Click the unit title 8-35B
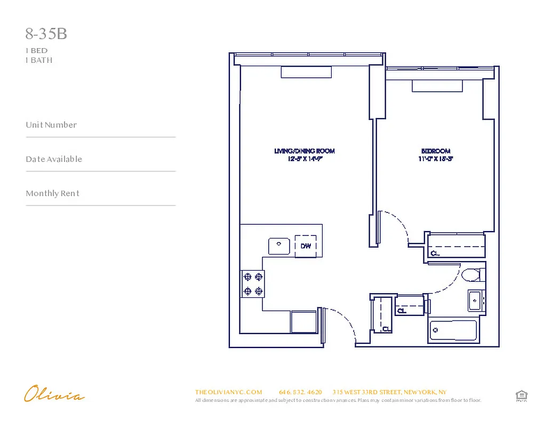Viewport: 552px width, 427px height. coord(46,34)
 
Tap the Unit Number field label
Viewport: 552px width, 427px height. coord(51,125)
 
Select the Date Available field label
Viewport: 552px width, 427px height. coord(54,159)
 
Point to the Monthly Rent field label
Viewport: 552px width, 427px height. coord(52,193)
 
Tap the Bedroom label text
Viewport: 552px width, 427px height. coord(436,151)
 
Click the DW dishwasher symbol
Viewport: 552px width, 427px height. coord(306,246)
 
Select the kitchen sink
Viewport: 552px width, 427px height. coord(278,246)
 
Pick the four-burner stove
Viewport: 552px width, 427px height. coord(253,283)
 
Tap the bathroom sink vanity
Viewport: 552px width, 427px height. coord(476,301)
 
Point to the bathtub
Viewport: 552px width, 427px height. coord(453,330)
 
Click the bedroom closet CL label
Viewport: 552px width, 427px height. coord(435,253)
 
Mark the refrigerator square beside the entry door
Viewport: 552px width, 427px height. coord(304,322)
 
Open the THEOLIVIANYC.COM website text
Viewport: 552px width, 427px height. coord(228,392)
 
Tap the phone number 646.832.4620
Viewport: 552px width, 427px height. coord(300,392)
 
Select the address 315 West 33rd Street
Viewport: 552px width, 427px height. coord(389,392)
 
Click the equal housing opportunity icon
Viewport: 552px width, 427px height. coord(521,396)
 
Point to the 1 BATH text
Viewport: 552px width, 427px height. coord(39,60)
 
